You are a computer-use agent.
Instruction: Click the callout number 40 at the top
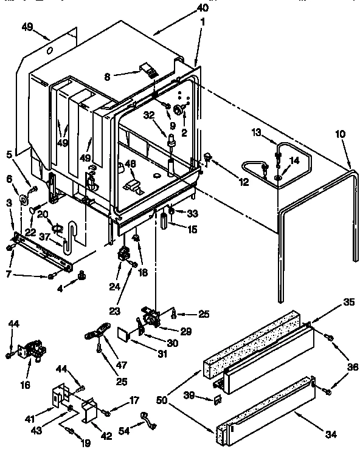(x=202, y=8)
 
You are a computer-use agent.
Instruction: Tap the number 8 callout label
(x=108, y=77)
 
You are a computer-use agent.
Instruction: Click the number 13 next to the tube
(x=256, y=132)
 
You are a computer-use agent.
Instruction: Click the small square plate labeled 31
(x=124, y=333)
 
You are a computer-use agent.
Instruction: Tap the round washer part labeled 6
(x=27, y=198)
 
